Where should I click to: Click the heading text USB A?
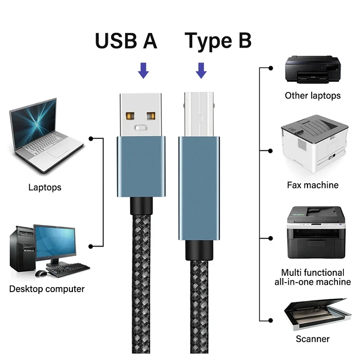[x=126, y=41]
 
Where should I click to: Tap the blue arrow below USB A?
[x=143, y=71]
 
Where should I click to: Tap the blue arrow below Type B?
[x=201, y=71]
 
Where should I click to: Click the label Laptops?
[x=45, y=187]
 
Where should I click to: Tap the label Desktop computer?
[x=47, y=289]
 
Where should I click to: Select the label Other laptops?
[x=312, y=95]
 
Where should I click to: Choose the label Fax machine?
[x=312, y=185]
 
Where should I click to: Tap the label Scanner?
[x=312, y=339]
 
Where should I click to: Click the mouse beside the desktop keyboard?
[x=41, y=273]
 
